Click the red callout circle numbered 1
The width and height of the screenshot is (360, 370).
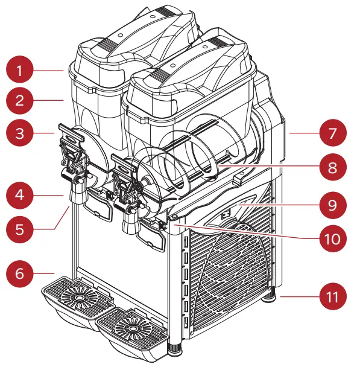pos(19,69)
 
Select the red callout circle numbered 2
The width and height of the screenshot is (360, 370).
pos(19,101)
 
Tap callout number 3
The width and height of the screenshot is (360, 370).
pos(19,133)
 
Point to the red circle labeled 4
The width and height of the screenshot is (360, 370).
pos(19,195)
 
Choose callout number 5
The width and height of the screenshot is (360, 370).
pos(19,229)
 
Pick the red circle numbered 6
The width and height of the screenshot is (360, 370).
pos(19,273)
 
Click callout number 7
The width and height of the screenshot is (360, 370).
pos(333,133)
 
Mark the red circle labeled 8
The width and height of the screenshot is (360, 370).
pos(333,167)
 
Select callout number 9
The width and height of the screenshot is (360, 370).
pos(333,205)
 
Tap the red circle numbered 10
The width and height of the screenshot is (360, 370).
pos(333,238)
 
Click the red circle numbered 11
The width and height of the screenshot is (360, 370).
pos(333,296)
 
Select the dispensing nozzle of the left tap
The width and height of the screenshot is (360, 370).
pos(78,194)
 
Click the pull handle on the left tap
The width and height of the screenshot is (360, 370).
pos(71,133)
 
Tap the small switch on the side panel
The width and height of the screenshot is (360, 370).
pos(226,214)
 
